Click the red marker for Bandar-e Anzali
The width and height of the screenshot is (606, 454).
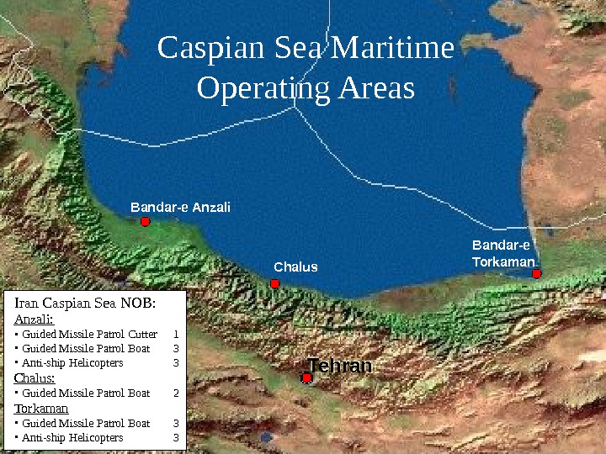coord(145,222)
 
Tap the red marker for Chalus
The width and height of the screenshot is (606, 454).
coord(275,284)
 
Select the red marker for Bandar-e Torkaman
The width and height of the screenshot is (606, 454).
coord(536,273)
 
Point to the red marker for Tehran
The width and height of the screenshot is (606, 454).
coord(306,378)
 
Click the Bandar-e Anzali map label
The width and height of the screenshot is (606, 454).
coord(180,207)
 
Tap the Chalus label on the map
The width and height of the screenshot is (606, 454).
coord(295,267)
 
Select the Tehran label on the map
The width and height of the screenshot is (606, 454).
coord(339,367)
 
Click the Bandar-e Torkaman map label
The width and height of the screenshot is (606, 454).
coord(502,254)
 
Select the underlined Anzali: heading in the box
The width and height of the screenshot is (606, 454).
coord(34,319)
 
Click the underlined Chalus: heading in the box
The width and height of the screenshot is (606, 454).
coord(35,378)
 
